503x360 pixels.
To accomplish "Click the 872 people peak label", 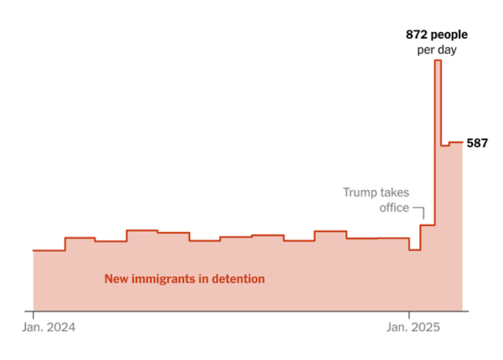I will pos(437,35).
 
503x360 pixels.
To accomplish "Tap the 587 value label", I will pos(477,143).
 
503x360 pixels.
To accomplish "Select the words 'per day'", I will pos(437,50).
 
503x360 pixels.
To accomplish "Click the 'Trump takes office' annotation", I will pos(376,200).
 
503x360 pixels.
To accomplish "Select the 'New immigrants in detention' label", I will pos(185,278).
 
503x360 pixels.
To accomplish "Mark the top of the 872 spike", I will pos(438,61).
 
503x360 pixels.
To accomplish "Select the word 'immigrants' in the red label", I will pos(170,278).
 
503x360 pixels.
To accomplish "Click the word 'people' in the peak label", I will pos(450,35).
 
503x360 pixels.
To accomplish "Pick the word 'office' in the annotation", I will pos(394,208).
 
